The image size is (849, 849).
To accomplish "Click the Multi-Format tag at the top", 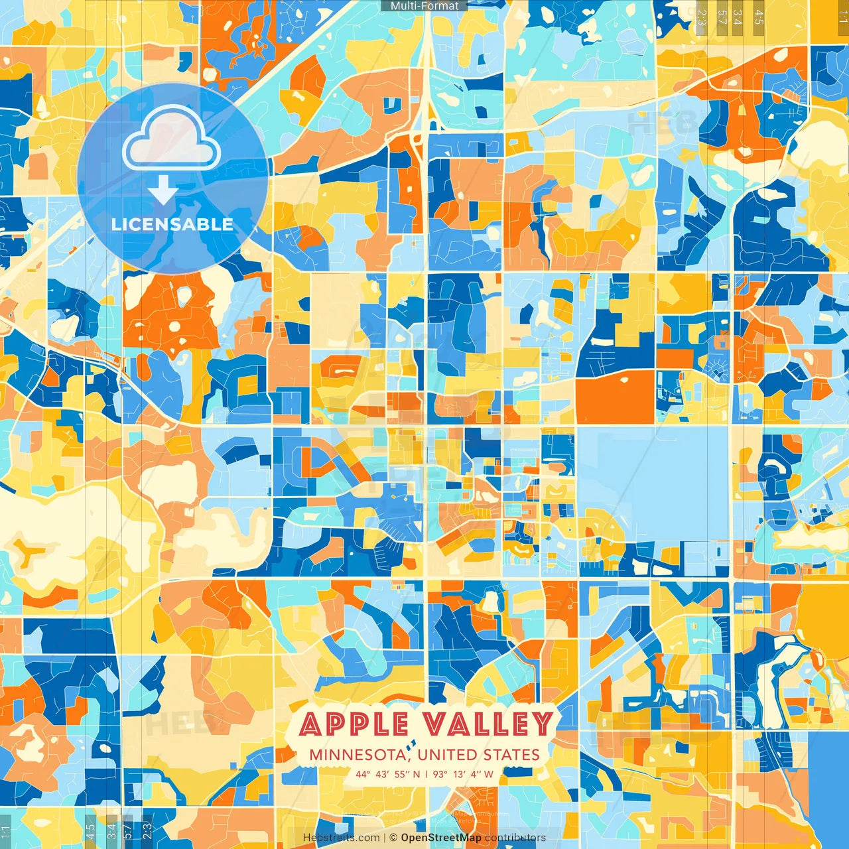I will (424, 6).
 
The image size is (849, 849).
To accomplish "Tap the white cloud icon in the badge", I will (171, 137).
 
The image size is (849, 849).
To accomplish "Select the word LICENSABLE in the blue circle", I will (172, 224).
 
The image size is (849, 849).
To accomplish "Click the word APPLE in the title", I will (354, 724).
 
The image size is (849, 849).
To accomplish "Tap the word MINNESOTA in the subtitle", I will (356, 755).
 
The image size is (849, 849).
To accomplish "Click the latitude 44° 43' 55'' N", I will (388, 774).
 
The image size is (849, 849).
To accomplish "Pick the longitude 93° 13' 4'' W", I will (464, 774).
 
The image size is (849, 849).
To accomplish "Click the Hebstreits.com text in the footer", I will (342, 838).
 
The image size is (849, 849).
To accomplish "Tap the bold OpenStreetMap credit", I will (441, 838).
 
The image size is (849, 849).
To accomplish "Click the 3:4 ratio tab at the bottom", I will (111, 831).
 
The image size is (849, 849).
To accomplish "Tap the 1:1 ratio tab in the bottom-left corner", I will (6, 831).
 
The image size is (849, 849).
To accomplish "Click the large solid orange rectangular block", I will (615, 396).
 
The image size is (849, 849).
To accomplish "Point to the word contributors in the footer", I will (515, 838).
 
